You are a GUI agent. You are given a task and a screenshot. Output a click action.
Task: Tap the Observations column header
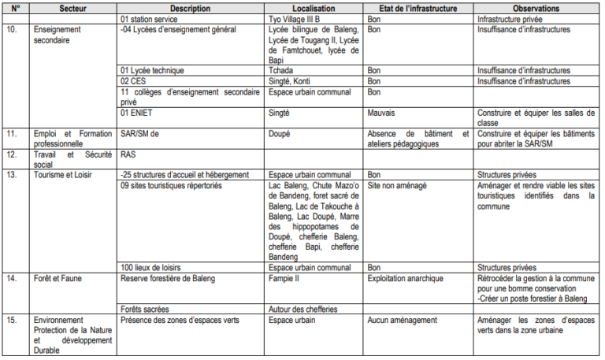pos(536,7)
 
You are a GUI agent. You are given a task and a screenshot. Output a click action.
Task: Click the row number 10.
pos(12,29)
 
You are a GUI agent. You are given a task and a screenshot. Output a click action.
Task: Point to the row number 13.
pos(12,174)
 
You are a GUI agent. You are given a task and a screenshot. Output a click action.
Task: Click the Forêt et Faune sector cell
pos(60,278)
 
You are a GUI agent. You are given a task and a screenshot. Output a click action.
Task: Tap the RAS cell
pos(128,154)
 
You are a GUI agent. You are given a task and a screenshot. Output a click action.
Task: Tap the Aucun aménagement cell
pos(403,320)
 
